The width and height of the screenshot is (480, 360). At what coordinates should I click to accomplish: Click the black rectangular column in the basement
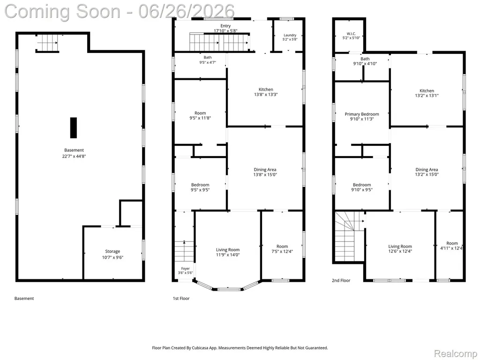(x=74, y=127)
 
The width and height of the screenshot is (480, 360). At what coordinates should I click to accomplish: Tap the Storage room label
(x=112, y=251)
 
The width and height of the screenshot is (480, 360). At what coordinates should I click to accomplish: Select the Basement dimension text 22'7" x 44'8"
(x=74, y=156)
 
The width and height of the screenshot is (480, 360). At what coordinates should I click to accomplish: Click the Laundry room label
(x=290, y=35)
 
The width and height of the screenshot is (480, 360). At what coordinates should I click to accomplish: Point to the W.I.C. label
(x=351, y=34)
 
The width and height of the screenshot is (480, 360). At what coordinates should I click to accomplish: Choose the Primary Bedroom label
(x=362, y=114)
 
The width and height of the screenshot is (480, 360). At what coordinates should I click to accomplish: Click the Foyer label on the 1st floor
(x=185, y=269)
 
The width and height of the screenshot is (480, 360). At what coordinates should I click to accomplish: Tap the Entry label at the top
(x=225, y=26)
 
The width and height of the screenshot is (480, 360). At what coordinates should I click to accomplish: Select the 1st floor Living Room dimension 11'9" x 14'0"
(x=228, y=255)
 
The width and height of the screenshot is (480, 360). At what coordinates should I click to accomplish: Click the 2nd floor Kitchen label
(x=427, y=90)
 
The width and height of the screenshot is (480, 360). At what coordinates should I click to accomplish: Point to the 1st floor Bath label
(x=208, y=57)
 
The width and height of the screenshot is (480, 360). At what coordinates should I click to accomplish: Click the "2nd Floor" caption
(x=341, y=280)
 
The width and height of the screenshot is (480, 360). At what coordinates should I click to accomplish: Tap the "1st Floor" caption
(x=181, y=299)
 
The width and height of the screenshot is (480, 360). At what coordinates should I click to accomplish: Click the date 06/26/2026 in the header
(x=186, y=11)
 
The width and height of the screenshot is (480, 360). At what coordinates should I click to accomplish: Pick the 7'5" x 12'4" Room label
(x=282, y=249)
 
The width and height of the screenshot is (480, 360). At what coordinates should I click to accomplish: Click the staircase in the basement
(x=47, y=43)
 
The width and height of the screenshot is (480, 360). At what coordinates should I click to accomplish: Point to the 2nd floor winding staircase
(x=349, y=237)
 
